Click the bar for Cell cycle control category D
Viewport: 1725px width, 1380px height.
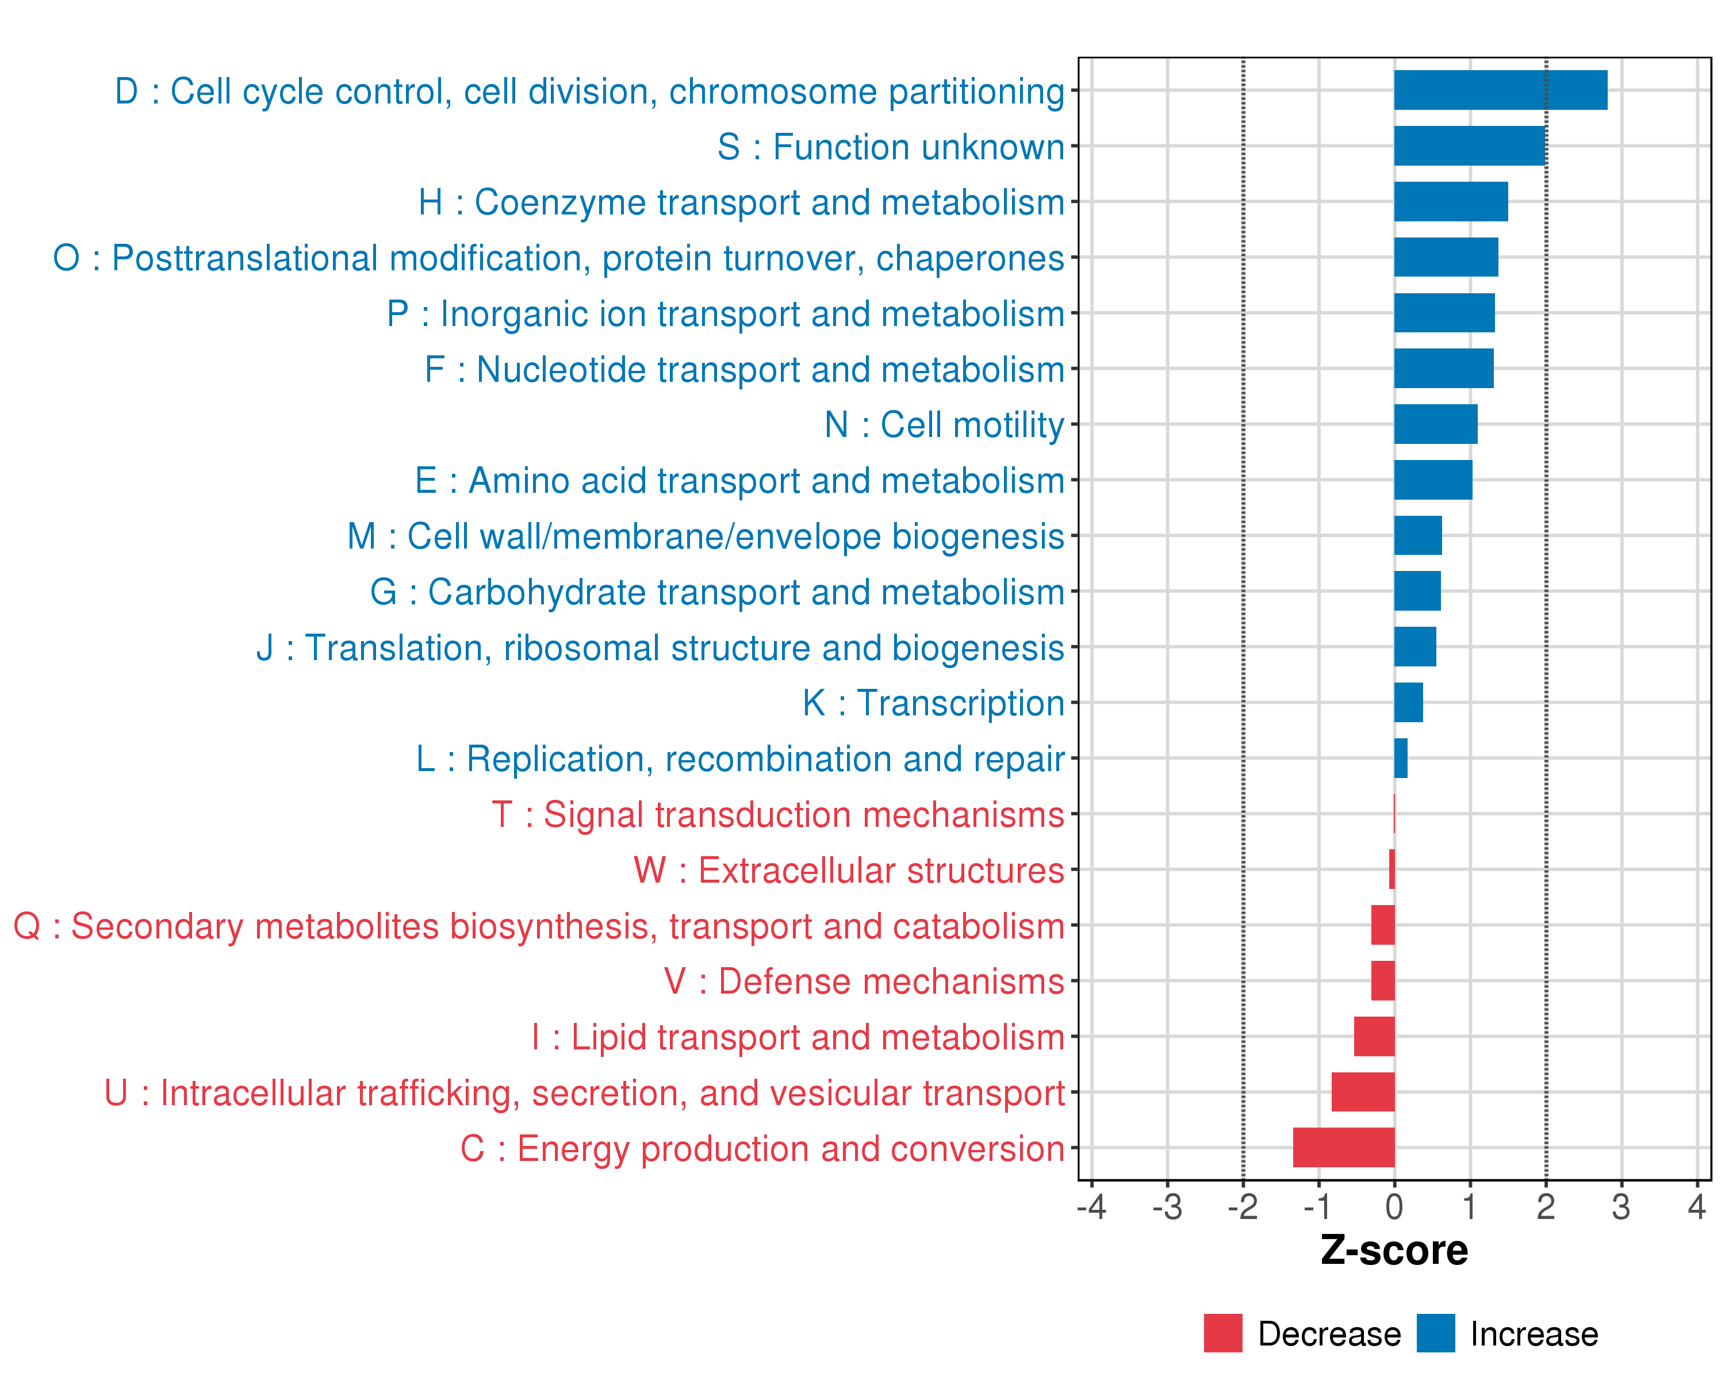click(1500, 90)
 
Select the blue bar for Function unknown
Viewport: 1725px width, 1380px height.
click(1469, 145)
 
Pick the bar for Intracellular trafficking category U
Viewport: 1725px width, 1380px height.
click(1363, 1091)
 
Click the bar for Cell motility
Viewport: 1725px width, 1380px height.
click(1435, 424)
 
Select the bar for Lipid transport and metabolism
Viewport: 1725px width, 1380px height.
click(1374, 1036)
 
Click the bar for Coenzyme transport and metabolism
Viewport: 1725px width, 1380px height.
click(1451, 202)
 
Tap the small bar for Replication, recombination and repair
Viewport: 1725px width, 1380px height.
click(1400, 758)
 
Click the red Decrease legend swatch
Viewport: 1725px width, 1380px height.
click(1222, 1333)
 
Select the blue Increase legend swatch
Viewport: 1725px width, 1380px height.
click(1435, 1333)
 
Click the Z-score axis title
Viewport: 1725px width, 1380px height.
click(1394, 1249)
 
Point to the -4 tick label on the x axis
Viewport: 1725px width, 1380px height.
click(1091, 1206)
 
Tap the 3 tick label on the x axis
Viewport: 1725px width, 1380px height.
click(1621, 1206)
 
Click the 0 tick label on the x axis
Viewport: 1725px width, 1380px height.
click(1394, 1206)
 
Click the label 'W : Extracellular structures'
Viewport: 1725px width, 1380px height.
click(848, 869)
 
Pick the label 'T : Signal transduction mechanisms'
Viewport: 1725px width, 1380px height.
click(778, 814)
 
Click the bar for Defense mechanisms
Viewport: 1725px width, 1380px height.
click(1382, 980)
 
